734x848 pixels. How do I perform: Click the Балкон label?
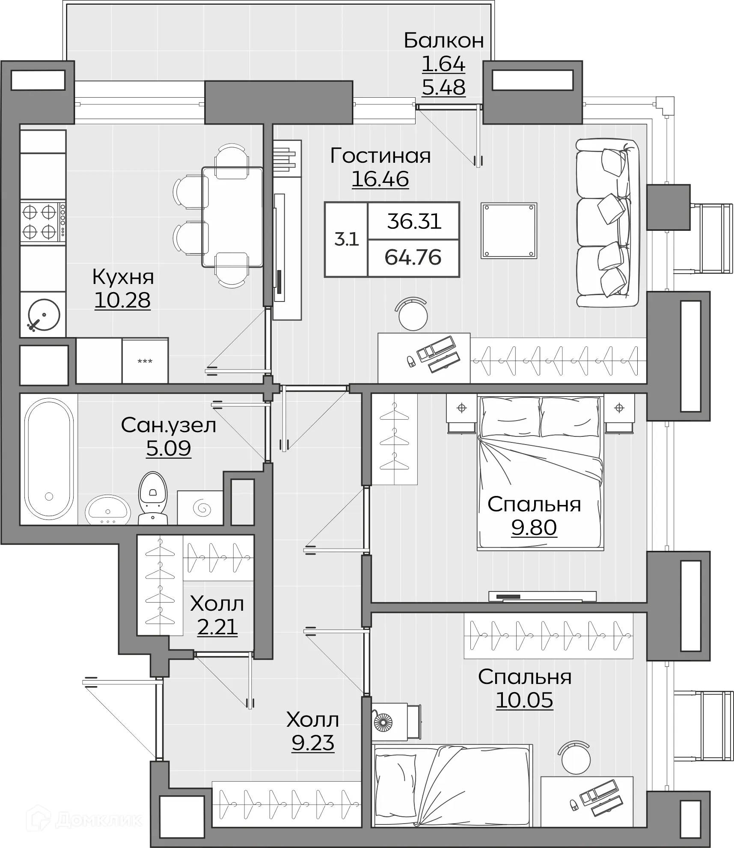[x=444, y=41]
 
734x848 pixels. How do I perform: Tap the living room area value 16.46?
[x=380, y=179]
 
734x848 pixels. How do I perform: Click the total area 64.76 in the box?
[x=413, y=257]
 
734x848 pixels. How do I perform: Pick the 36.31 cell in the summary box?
[x=414, y=221]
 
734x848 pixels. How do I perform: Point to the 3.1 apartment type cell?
[x=346, y=239]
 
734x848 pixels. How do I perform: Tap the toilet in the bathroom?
[x=153, y=498]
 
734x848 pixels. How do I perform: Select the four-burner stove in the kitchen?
[x=43, y=222]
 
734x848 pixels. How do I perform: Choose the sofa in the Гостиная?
[x=607, y=223]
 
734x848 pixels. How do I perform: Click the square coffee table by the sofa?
[x=509, y=230]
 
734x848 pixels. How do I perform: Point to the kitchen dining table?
[x=232, y=217]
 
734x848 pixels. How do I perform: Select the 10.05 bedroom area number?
[x=525, y=700]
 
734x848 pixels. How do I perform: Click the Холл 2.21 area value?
[x=217, y=627]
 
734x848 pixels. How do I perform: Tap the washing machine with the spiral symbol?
[x=200, y=508]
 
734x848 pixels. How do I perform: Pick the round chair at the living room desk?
[x=413, y=315]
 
